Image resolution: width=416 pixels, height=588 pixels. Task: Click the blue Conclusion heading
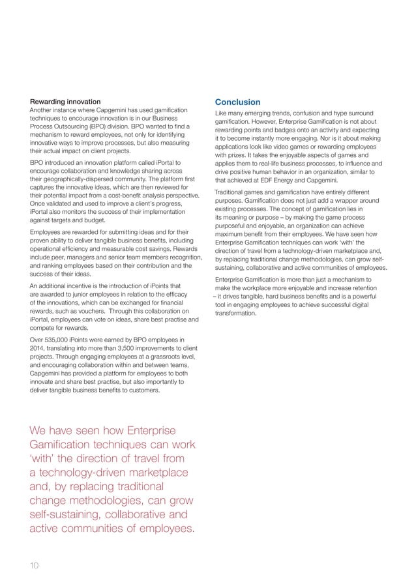238,102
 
